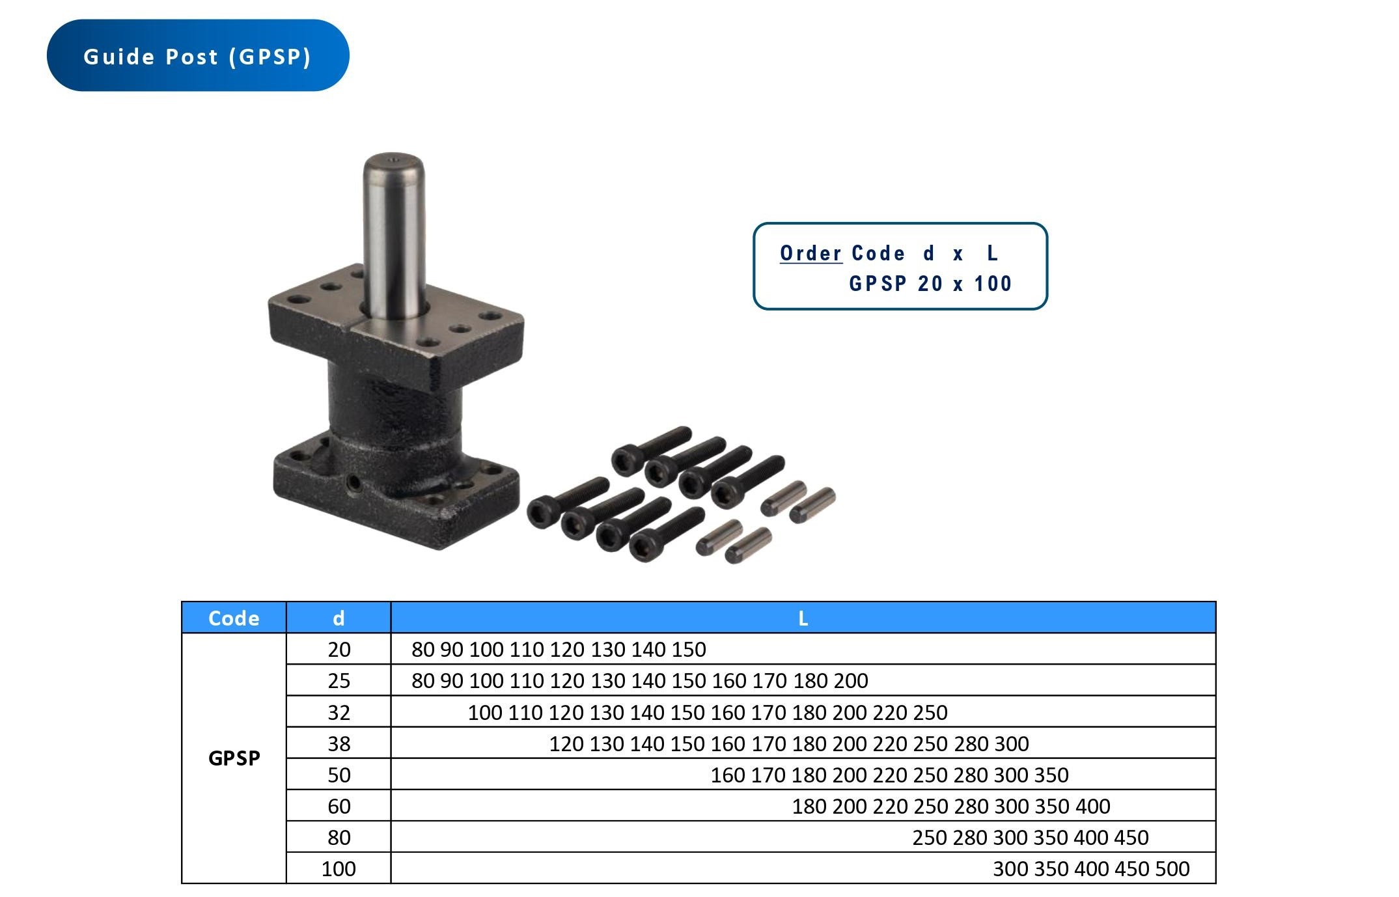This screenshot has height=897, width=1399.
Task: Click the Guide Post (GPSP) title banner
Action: (197, 56)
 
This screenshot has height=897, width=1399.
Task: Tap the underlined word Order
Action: (810, 253)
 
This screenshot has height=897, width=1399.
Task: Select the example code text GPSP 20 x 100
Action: (930, 284)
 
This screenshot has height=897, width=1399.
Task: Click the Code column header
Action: (234, 618)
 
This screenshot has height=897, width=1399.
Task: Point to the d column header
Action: (339, 618)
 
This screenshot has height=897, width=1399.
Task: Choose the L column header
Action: (803, 618)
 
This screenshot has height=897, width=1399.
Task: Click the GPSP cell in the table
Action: (234, 758)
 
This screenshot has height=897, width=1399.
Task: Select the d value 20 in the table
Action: (339, 649)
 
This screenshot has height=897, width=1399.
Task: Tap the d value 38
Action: (339, 743)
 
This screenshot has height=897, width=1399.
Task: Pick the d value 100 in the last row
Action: (339, 868)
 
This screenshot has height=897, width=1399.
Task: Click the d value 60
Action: (339, 806)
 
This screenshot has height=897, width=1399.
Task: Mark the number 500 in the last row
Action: (1172, 868)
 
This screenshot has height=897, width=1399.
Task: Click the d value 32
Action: (339, 712)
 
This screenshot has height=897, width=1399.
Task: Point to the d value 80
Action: (339, 837)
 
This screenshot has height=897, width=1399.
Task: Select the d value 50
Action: (339, 775)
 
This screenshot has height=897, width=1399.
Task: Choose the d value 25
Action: (339, 680)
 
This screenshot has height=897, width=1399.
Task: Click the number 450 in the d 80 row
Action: (1131, 837)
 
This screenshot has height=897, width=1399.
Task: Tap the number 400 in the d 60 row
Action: (1093, 806)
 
